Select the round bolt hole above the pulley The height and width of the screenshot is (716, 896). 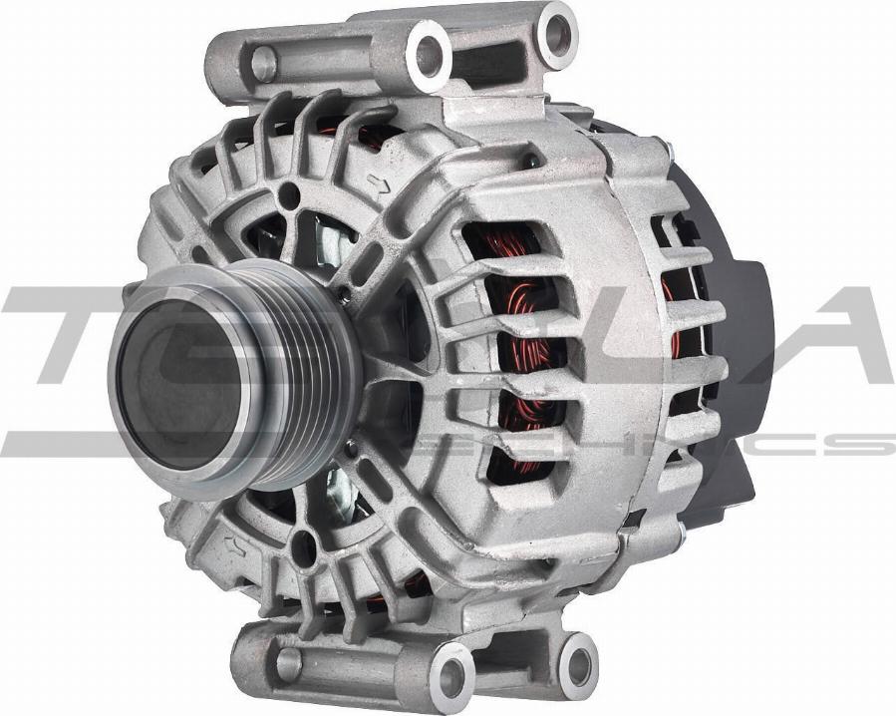click(x=289, y=196)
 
